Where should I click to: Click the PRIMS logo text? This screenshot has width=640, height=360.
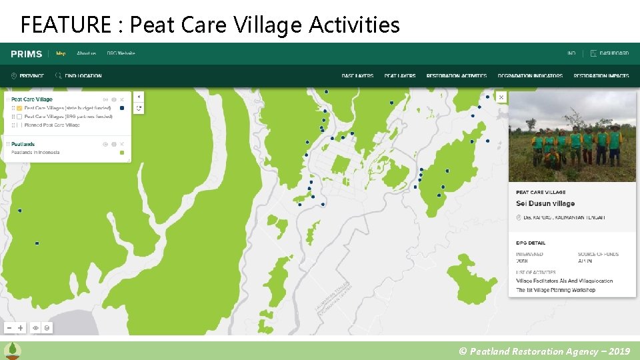tap(27, 54)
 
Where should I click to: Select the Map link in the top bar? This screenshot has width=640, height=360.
tap(61, 53)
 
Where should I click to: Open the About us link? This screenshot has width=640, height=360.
tap(86, 53)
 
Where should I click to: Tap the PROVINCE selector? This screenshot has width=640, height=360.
tap(28, 76)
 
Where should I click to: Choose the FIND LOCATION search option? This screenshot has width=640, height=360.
tap(79, 76)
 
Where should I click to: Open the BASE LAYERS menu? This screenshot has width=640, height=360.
tap(357, 76)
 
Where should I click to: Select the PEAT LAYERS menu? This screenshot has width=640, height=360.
tap(400, 76)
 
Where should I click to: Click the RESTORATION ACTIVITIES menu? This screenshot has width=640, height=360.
tap(457, 76)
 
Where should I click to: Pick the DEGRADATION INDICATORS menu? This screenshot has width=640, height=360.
tap(530, 76)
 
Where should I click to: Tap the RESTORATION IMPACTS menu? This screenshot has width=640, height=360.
tap(601, 76)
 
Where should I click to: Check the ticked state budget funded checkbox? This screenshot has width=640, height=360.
tap(19, 108)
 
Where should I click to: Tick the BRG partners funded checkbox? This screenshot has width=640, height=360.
tap(19, 117)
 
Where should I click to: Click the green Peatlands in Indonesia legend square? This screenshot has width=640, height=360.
tap(122, 153)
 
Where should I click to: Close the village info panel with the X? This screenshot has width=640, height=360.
tap(501, 97)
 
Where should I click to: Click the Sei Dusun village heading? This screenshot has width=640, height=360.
tap(545, 204)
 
